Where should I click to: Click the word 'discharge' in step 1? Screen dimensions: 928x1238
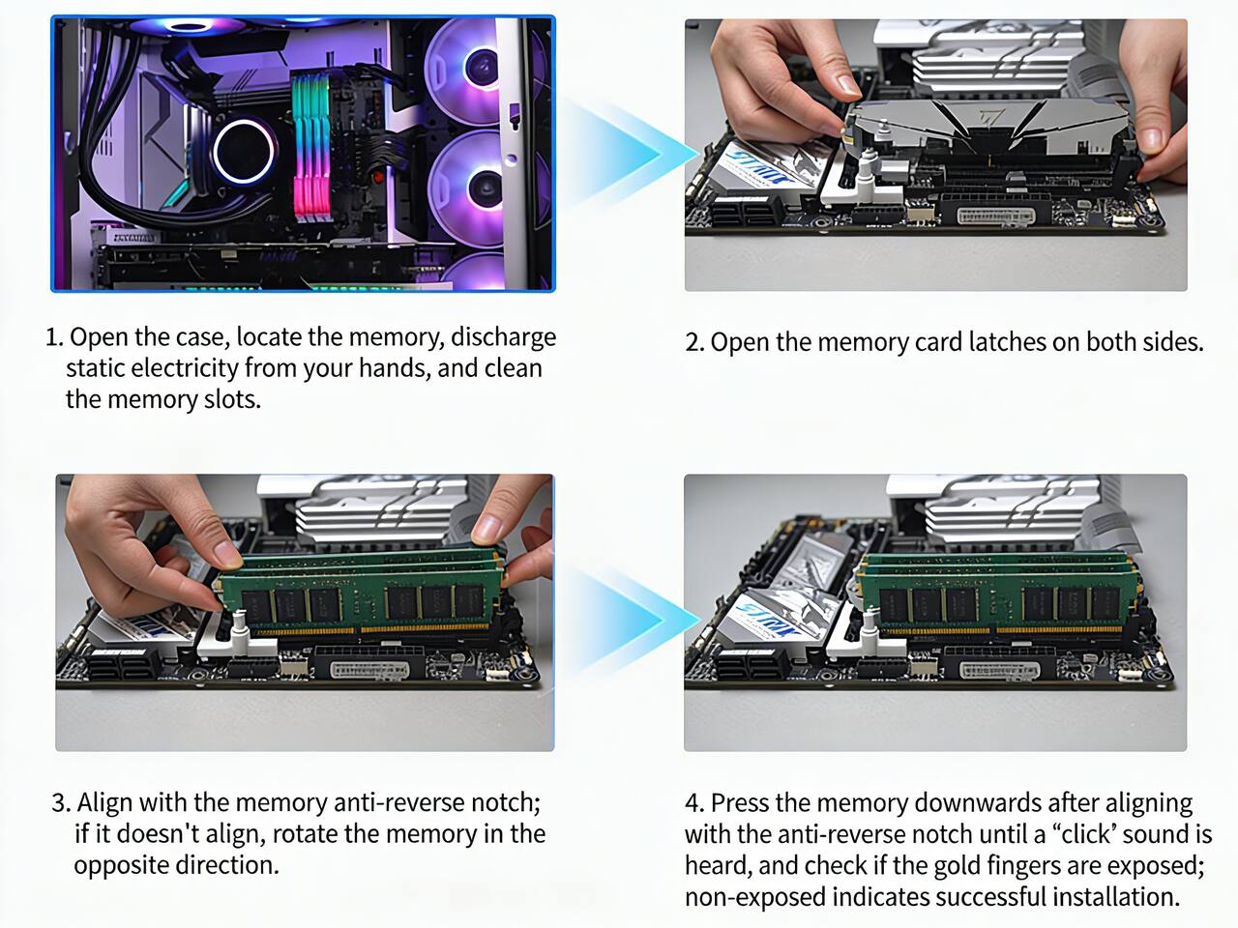pos(503,336)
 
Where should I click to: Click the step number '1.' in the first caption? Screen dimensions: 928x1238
pos(54,337)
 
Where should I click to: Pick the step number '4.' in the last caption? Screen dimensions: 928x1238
pos(694,803)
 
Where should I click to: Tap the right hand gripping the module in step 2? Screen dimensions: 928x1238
pos(1161,106)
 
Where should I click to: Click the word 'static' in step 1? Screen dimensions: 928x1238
pos(95,368)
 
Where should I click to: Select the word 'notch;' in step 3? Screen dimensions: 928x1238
pos(505,802)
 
